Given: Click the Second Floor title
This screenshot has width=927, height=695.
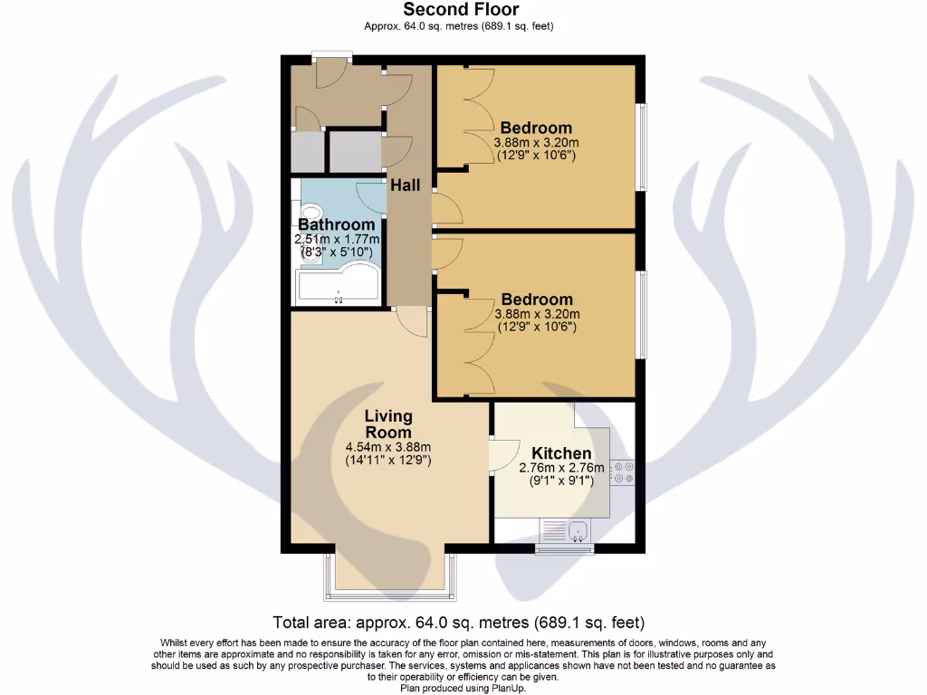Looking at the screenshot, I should [x=461, y=10].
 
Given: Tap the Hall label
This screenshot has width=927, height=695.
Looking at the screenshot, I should [x=405, y=185].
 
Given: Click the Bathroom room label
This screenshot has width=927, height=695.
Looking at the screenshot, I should [x=337, y=224].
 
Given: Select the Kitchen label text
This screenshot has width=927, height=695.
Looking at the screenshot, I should [x=561, y=453].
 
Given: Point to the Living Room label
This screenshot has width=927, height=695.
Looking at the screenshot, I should [x=388, y=424].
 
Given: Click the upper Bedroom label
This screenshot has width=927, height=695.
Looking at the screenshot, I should [x=536, y=128].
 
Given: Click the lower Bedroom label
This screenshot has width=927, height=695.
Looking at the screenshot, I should [x=536, y=300].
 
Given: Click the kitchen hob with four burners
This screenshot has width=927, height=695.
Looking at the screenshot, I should [x=623, y=471].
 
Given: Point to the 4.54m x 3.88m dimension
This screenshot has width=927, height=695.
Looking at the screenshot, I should [x=388, y=447].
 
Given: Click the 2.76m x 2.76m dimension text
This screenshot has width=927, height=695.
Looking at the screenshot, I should [x=561, y=468].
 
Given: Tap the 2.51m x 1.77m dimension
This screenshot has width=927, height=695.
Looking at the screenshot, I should [x=337, y=239].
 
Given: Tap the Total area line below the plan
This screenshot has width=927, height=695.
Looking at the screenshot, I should [x=459, y=623].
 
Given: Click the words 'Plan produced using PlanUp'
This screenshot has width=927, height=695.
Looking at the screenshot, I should [x=463, y=688].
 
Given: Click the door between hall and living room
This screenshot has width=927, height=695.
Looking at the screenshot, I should [x=413, y=321].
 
